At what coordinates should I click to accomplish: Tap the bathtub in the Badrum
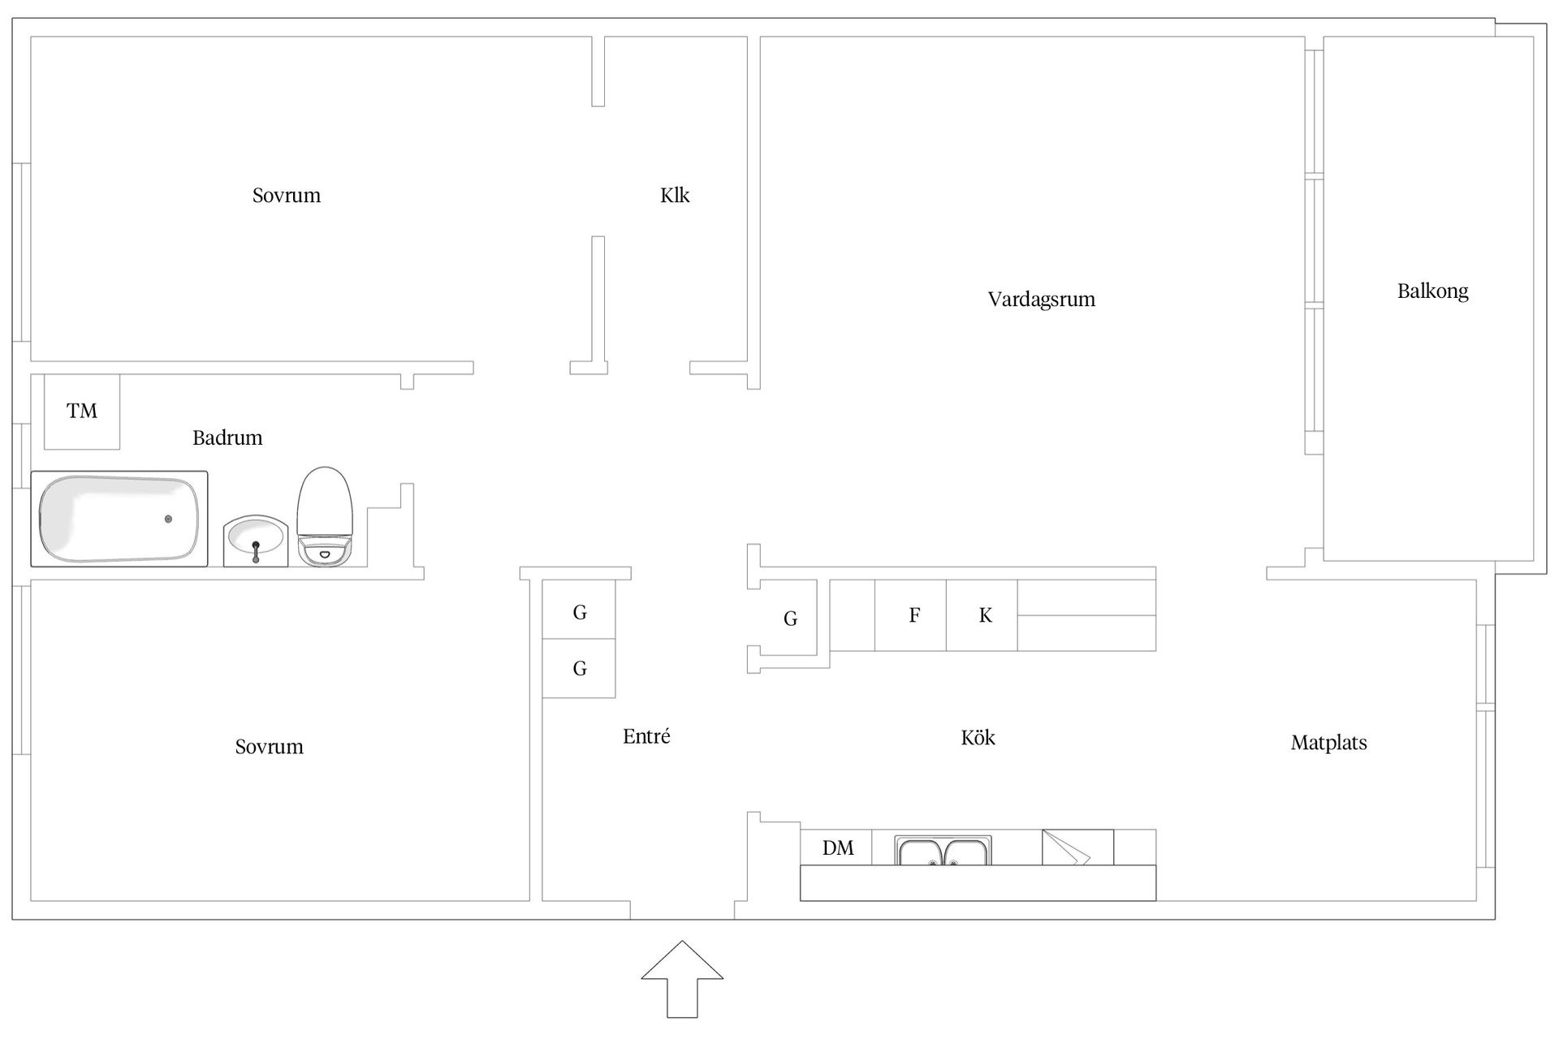click(x=119, y=519)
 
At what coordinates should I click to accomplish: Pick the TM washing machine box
click(x=82, y=412)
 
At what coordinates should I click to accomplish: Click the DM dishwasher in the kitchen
click(x=837, y=848)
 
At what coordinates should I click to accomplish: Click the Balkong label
click(x=1432, y=291)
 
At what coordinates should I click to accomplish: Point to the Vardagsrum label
click(x=1041, y=300)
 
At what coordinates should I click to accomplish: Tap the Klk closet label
click(x=675, y=196)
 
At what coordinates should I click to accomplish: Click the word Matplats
click(x=1328, y=743)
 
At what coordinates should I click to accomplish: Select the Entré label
click(x=646, y=737)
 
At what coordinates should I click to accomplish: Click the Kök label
click(x=978, y=738)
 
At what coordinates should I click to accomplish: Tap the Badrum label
click(x=227, y=438)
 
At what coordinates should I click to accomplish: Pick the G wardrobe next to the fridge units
click(x=790, y=619)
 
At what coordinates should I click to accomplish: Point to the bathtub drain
click(x=168, y=519)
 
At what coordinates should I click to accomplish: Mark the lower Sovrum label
click(x=269, y=747)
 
